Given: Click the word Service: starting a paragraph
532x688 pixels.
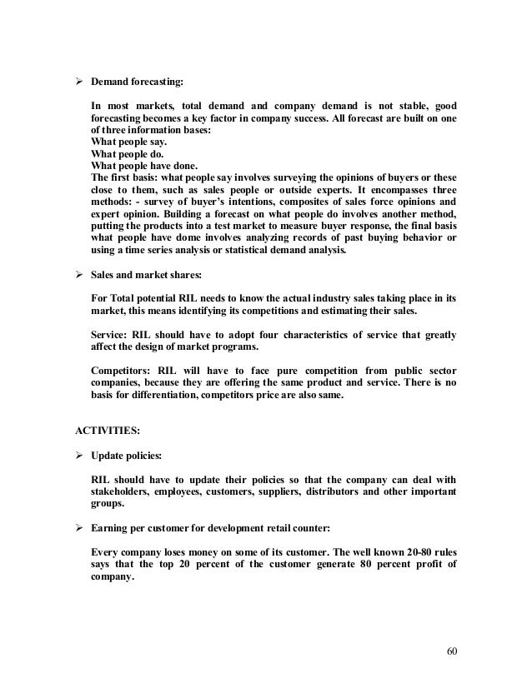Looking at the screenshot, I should pos(113,335).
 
